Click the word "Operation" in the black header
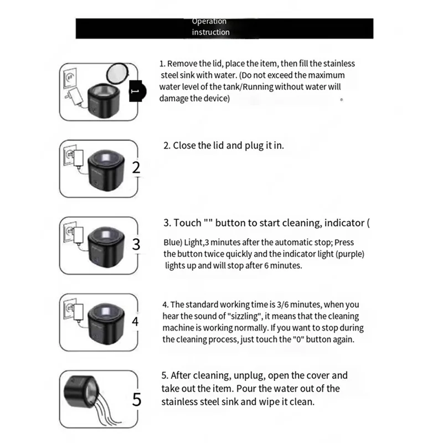(x=209, y=22)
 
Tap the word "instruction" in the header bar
(x=210, y=32)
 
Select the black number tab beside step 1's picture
(x=136, y=91)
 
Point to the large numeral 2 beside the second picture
(x=136, y=168)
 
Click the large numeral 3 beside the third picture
(x=136, y=244)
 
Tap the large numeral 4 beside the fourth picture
(x=136, y=321)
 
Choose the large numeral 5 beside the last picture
(x=137, y=398)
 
